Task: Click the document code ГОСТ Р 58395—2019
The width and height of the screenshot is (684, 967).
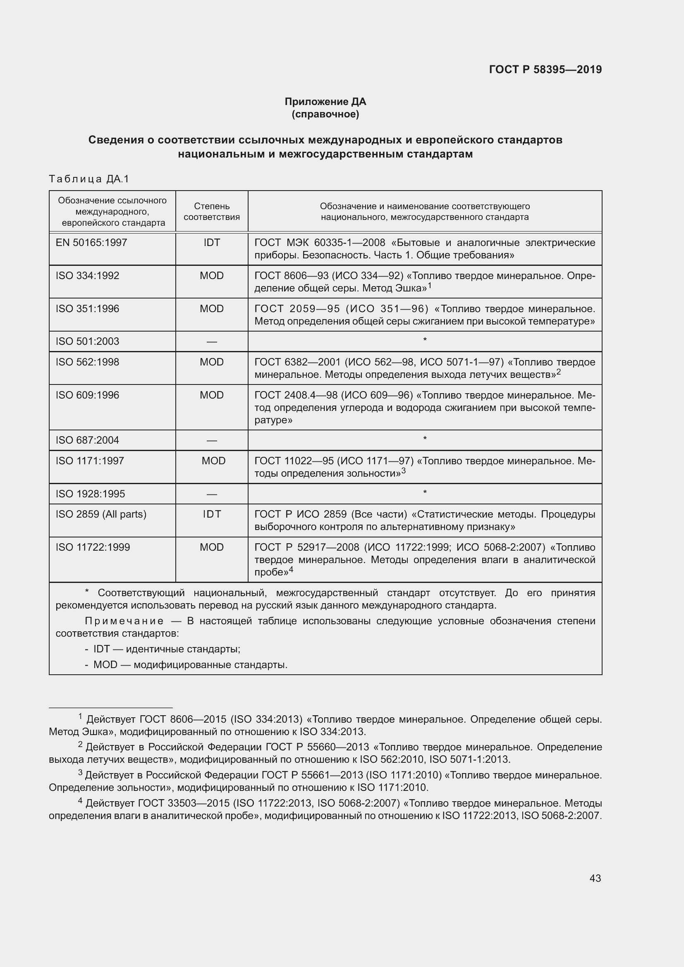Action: [545, 69]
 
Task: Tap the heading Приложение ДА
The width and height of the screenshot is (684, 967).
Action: [325, 102]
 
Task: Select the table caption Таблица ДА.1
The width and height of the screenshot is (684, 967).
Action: [89, 179]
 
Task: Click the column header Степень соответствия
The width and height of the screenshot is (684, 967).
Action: [211, 211]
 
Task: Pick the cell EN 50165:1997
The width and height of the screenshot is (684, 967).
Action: [91, 243]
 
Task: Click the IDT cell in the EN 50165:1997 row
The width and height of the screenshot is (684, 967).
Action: [211, 243]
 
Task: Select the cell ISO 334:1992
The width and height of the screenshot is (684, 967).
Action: [88, 275]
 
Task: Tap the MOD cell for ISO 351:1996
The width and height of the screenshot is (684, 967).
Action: [211, 309]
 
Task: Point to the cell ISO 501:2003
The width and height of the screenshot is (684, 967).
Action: [88, 341]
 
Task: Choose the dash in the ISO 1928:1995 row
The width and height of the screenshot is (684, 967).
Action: [211, 494]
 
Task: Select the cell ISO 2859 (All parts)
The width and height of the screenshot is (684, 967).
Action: [101, 514]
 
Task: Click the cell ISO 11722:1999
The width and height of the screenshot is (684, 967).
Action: [93, 547]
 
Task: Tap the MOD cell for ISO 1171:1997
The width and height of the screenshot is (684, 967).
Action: [213, 461]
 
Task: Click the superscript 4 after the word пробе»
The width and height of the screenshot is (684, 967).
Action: [291, 569]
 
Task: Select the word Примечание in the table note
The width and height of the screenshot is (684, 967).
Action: [124, 621]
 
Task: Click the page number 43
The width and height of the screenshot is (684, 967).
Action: [595, 878]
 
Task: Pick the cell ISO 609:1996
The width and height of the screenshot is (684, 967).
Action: [88, 395]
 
